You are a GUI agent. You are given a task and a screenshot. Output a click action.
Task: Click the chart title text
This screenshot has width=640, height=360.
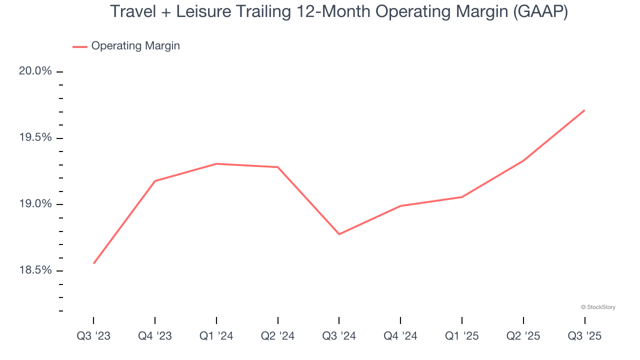[x=338, y=11]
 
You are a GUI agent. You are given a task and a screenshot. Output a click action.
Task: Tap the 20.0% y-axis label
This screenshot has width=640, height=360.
[x=35, y=71]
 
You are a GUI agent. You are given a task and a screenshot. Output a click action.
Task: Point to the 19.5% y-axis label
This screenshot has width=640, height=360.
[x=35, y=137]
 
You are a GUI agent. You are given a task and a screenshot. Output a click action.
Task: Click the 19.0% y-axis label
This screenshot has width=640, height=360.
[x=35, y=204]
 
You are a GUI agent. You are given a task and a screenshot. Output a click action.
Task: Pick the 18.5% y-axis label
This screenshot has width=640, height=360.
[x=35, y=270]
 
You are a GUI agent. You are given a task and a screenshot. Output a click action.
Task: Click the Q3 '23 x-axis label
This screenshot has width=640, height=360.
[x=93, y=336]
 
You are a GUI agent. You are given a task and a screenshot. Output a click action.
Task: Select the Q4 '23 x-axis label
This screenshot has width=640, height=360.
[x=155, y=336]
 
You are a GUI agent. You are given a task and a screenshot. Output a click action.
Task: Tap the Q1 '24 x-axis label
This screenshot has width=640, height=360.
[x=216, y=336]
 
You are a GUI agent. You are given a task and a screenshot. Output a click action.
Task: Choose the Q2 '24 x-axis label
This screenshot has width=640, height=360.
[x=277, y=336]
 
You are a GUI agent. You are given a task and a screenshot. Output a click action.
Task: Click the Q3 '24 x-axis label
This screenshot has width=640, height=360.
[x=339, y=336]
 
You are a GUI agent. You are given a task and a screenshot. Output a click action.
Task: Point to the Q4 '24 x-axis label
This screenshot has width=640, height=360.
[x=400, y=336]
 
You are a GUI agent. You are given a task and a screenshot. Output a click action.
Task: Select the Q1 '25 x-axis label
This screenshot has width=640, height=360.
[x=461, y=336]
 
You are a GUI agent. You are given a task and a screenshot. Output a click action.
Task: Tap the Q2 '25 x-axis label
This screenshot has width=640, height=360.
[x=523, y=336]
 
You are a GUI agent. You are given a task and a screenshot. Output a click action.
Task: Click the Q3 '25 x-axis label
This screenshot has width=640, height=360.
[x=584, y=336]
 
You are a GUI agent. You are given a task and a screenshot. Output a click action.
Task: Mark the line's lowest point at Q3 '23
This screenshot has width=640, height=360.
[x=93, y=263]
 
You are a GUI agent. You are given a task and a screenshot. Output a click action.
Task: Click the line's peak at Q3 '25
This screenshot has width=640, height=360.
[x=584, y=110]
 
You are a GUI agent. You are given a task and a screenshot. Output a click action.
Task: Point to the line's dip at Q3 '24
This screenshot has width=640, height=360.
[x=339, y=234]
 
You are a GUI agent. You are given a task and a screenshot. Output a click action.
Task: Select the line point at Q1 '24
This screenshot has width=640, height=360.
[x=216, y=163]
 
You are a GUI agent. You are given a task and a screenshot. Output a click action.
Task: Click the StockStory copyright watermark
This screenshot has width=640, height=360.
[x=598, y=307]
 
